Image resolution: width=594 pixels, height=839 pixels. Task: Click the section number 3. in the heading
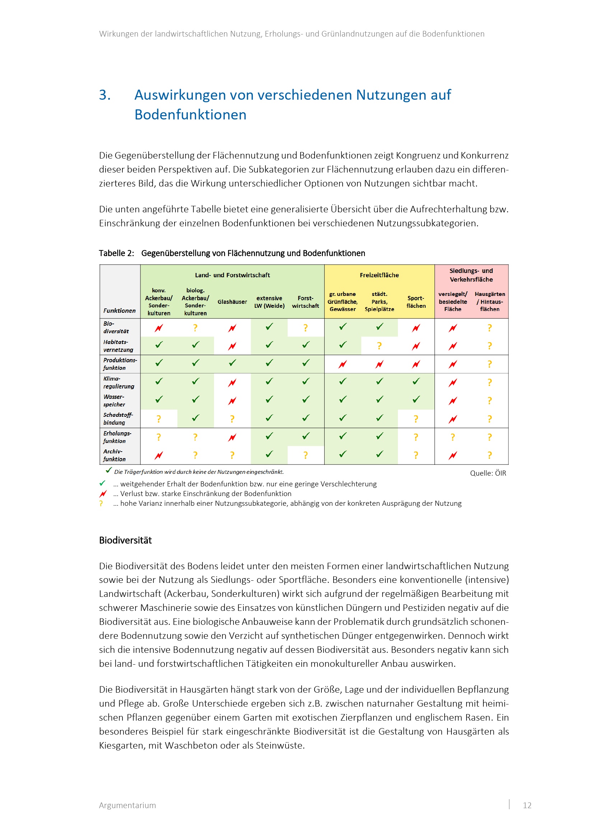105,95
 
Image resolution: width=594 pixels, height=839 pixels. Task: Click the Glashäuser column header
232,302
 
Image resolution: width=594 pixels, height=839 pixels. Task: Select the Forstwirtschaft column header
305,302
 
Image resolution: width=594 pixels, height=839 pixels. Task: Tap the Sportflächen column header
416,302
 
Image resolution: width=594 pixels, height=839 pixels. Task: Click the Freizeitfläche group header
379,275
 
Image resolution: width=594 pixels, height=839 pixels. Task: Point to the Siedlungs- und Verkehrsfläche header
471,275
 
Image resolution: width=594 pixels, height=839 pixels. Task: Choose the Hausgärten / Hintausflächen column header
490,301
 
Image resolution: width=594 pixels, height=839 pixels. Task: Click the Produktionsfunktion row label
120,364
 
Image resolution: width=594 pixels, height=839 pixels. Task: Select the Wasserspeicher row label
114,401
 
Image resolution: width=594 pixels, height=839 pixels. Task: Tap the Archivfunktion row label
114,455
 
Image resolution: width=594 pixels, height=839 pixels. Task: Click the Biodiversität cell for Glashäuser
232,328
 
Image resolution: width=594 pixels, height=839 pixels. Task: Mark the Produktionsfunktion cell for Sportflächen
416,364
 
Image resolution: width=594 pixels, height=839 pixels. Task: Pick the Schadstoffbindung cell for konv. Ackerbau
159,419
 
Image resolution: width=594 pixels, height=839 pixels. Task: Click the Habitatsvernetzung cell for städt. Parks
379,346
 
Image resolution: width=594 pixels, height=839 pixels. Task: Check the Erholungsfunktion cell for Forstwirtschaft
305,436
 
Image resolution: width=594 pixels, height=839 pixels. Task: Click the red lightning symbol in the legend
103,494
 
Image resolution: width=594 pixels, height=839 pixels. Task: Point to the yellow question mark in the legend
101,504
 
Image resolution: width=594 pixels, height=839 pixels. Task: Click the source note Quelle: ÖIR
488,473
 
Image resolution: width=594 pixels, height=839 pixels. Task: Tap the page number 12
527,805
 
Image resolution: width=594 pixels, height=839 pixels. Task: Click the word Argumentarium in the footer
127,805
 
